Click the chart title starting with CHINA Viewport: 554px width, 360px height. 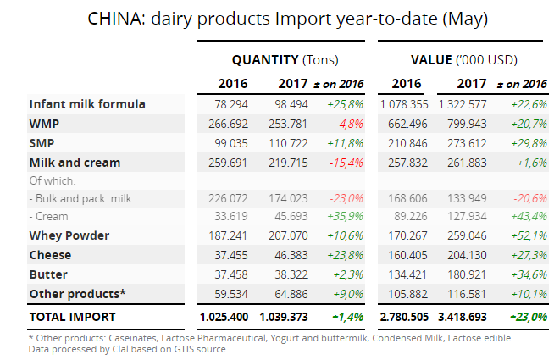coord(276,18)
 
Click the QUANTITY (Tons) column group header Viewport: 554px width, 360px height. coord(285,60)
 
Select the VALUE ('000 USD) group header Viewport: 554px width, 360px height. coord(463,60)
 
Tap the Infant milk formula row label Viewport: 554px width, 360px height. coord(87,104)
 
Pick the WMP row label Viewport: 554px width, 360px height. coord(44,124)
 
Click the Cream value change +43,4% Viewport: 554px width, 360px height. coord(527,216)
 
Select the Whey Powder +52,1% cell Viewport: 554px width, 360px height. coord(527,235)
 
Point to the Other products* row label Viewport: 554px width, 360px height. coord(77,294)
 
